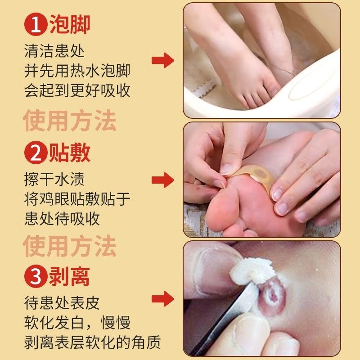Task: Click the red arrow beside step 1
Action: (162, 60)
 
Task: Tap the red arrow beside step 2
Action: (162, 181)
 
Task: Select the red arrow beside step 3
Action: (162, 298)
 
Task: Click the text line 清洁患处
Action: (55, 51)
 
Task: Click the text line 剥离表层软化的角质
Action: (92, 343)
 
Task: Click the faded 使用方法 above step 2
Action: (70, 121)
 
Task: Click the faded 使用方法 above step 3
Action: (70, 246)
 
